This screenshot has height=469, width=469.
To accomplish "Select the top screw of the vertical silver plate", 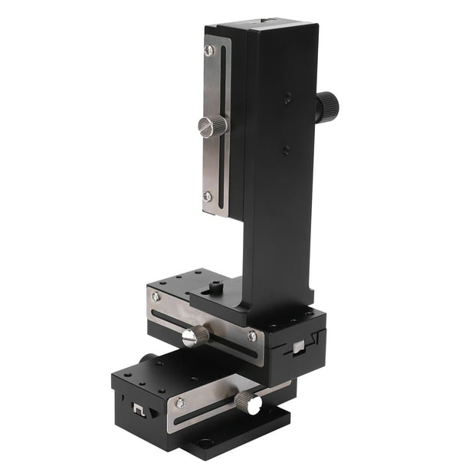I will click(x=208, y=51).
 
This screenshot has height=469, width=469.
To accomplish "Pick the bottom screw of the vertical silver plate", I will click(x=207, y=196).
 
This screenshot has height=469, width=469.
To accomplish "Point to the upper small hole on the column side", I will click(x=287, y=98).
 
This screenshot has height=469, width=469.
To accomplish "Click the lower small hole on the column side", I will click(x=286, y=150).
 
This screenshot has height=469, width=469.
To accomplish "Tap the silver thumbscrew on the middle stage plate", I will click(x=197, y=334).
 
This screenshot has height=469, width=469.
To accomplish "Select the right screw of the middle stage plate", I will click(x=251, y=336).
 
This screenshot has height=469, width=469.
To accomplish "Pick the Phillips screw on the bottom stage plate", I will click(x=181, y=402).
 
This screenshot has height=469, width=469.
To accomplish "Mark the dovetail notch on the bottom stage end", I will click(x=138, y=408).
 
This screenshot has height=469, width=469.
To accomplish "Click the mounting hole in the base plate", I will click(x=208, y=444).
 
